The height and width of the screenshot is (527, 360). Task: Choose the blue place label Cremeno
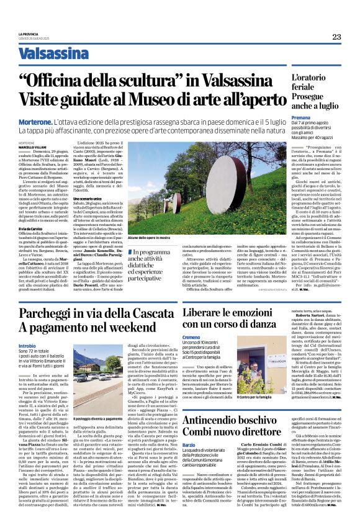coord(192,336)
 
